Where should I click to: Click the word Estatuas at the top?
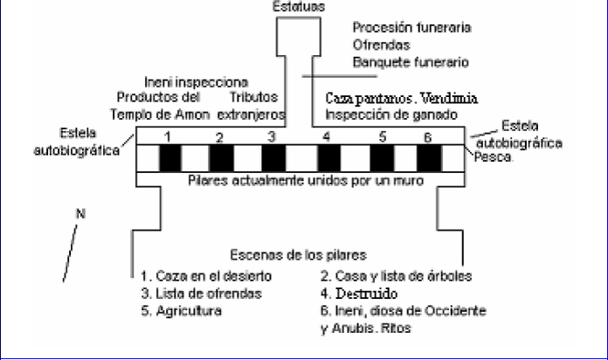point(299,5)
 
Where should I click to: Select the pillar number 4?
point(327,136)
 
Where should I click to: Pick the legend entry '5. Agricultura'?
point(177,309)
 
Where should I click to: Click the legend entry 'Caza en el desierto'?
point(204,276)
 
